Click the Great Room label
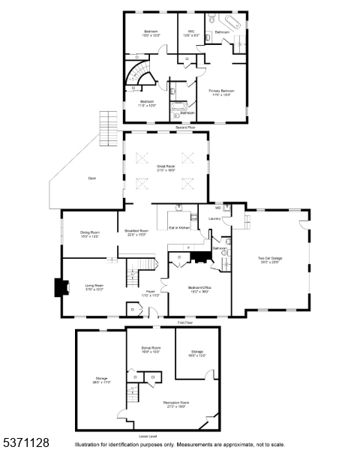point(165,168)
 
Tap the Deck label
point(92,178)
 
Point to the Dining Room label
point(90,234)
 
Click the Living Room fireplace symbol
point(58,289)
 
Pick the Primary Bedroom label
point(221,92)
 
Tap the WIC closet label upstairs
point(187,32)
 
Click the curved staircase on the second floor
point(139,76)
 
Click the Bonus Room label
point(151,350)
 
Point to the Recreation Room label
point(175,404)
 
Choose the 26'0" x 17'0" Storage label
point(101,379)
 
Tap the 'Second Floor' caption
point(185,127)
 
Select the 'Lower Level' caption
point(148,435)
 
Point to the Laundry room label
point(214,219)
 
